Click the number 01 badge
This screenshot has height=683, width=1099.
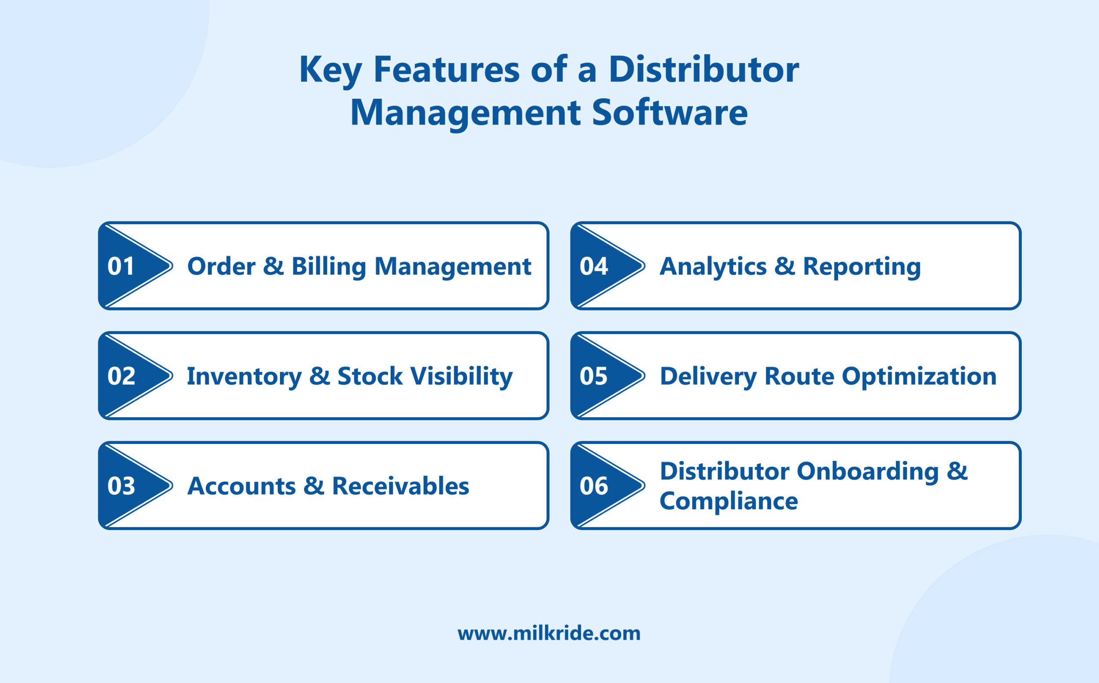click(x=121, y=266)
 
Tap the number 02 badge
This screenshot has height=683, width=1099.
click(x=121, y=376)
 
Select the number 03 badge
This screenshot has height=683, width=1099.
click(x=121, y=486)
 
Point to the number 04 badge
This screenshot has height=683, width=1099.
click(x=594, y=266)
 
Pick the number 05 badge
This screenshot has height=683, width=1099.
click(x=594, y=376)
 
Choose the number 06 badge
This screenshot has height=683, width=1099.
click(x=594, y=486)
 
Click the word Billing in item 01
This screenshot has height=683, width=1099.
click(x=328, y=266)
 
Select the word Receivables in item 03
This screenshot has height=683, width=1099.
click(x=400, y=486)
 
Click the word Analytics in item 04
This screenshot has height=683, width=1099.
click(x=713, y=267)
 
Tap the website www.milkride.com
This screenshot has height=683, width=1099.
click(x=549, y=633)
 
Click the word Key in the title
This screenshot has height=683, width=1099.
click(x=330, y=70)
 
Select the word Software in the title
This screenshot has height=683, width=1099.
click(x=669, y=112)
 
